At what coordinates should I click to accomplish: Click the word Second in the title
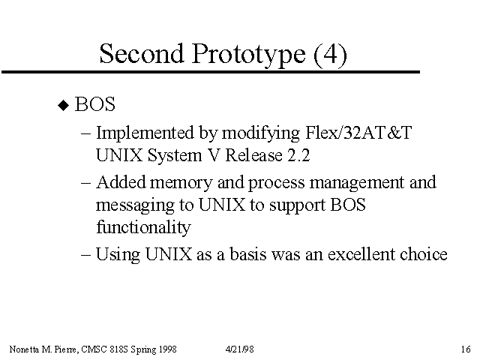pos(142,53)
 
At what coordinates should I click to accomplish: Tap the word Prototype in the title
pos(248,55)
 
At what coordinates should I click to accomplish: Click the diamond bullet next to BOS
pos(64,106)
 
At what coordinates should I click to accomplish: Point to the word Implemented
pos(145,133)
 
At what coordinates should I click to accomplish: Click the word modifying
pos(261,133)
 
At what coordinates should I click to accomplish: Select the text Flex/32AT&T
pos(358,133)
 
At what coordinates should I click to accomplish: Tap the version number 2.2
pos(298,155)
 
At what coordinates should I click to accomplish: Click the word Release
pos(253,155)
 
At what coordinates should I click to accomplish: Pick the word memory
pos(181,183)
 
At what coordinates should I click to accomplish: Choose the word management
pos(357,183)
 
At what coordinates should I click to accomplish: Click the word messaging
pos(135,205)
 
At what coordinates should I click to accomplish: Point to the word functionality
pos(143,227)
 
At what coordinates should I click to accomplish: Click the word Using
pos(118,255)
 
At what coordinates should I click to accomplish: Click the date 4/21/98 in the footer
pos(240,349)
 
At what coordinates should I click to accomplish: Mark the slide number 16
pos(466,349)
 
